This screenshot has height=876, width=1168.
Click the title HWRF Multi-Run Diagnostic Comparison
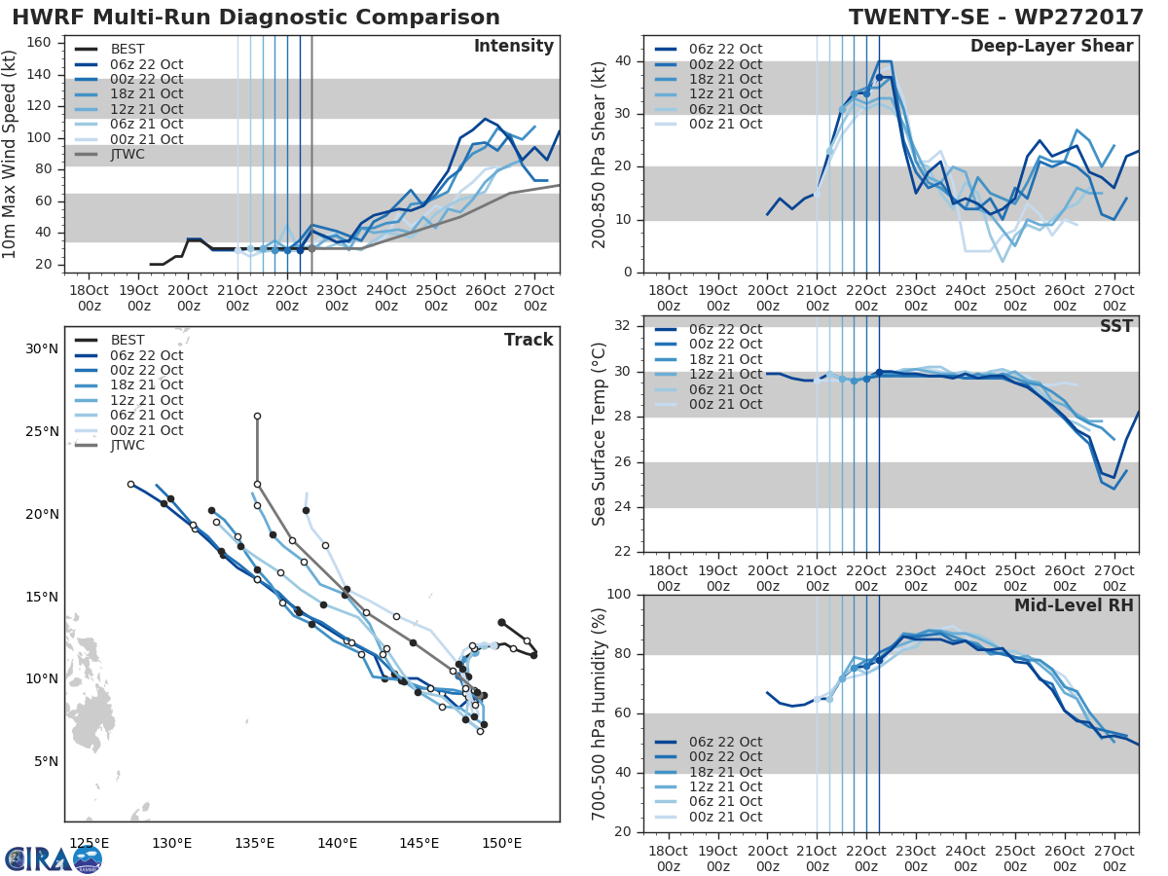tap(256, 18)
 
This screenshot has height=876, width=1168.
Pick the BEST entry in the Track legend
tap(128, 340)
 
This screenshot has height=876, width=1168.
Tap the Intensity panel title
tap(513, 47)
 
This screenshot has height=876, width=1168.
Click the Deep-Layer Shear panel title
tap(1051, 47)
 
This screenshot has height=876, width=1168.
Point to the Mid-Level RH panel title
tap(1074, 605)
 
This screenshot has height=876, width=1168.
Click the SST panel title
tap(1117, 326)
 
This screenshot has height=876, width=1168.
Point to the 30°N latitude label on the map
tap(42, 348)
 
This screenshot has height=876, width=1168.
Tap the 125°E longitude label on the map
tap(89, 842)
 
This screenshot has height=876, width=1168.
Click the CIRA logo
tap(54, 858)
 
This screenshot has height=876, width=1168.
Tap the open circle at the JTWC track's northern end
tap(257, 416)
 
